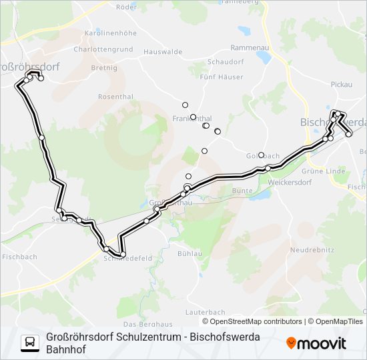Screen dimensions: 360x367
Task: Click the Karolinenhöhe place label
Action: (x=109, y=32)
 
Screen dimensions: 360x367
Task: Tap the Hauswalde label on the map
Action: (x=163, y=51)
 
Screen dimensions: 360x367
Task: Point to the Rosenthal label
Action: (x=115, y=97)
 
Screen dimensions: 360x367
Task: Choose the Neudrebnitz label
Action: (x=311, y=250)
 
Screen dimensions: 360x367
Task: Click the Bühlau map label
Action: (x=190, y=254)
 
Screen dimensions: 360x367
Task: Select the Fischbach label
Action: (x=19, y=257)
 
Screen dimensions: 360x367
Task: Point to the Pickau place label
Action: (x=341, y=85)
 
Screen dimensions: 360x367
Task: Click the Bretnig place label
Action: (x=103, y=67)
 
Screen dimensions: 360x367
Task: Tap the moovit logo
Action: (x=316, y=343)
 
